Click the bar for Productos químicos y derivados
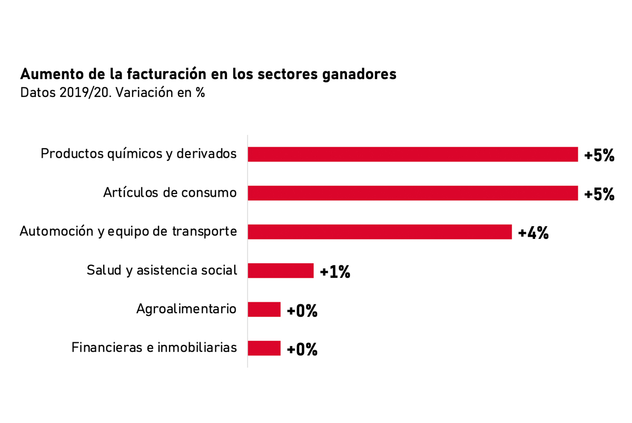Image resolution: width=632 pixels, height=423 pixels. (x=413, y=155)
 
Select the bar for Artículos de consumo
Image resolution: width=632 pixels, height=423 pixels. (x=413, y=193)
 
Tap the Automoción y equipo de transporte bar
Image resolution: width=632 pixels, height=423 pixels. (x=380, y=232)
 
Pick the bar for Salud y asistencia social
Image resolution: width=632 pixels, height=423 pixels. (x=281, y=271)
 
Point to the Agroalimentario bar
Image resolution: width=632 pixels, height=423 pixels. (x=264, y=310)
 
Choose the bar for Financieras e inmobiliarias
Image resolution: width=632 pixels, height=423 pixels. (x=264, y=348)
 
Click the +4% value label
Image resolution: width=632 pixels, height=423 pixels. (x=534, y=233)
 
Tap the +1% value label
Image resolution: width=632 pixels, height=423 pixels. (x=335, y=272)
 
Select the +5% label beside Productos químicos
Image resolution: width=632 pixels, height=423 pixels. (x=599, y=156)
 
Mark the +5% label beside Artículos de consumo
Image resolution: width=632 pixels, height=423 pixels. (x=599, y=194)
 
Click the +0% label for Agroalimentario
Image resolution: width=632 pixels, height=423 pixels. (x=302, y=311)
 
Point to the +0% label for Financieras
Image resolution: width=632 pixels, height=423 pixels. (x=302, y=349)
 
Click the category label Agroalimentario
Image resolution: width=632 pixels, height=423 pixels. (x=186, y=309)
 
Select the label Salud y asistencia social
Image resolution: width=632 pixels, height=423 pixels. (x=162, y=271)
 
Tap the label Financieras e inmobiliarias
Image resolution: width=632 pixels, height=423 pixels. (x=154, y=348)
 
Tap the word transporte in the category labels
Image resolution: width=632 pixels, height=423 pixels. (x=204, y=232)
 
